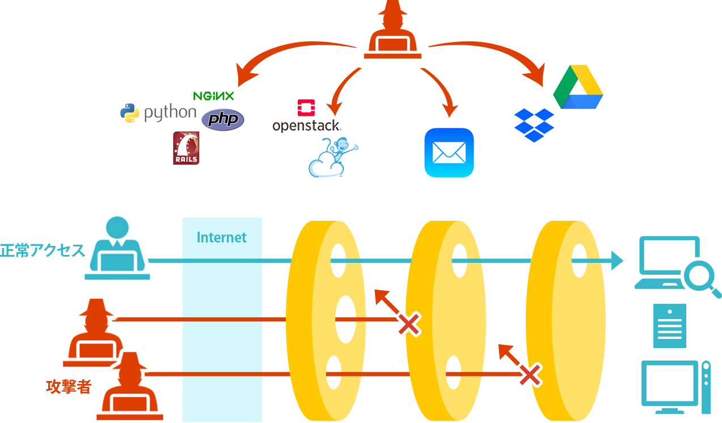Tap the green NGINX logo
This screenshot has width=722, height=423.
(213, 96)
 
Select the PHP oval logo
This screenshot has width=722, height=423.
(223, 120)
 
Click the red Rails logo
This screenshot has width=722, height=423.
(186, 148)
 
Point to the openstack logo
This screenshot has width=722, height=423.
(306, 116)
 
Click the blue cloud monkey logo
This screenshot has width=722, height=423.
(333, 157)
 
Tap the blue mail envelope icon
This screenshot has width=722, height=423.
(449, 153)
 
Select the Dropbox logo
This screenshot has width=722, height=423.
(534, 125)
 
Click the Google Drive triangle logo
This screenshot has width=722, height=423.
(578, 86)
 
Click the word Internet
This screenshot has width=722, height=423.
(222, 237)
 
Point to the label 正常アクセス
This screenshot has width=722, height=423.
(43, 250)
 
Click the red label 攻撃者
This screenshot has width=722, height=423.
(69, 387)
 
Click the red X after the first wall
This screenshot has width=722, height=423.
(408, 324)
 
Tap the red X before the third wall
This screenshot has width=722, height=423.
(529, 375)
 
